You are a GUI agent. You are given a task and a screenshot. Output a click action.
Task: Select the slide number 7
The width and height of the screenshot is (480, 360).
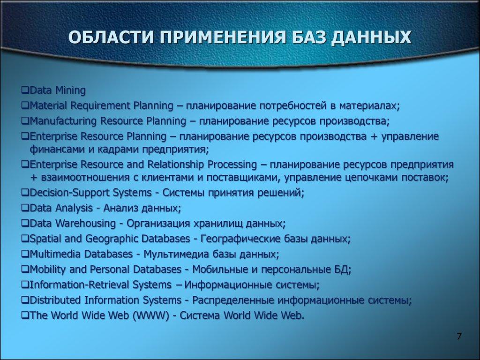tap(459, 337)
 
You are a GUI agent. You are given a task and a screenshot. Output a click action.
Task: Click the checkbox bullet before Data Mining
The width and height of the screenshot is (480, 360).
tap(25, 90)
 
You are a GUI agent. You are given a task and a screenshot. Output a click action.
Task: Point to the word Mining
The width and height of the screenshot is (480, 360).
tap(70, 90)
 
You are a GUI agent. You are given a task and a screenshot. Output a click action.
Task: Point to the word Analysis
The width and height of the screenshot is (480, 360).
tap(75, 208)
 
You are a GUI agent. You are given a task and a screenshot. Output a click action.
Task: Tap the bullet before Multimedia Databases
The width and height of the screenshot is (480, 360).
tap(25, 254)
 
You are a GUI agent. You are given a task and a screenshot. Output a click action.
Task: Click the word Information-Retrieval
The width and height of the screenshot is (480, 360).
tap(76, 285)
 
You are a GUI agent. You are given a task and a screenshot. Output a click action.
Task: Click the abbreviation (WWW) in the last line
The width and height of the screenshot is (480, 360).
tap(151, 315)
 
